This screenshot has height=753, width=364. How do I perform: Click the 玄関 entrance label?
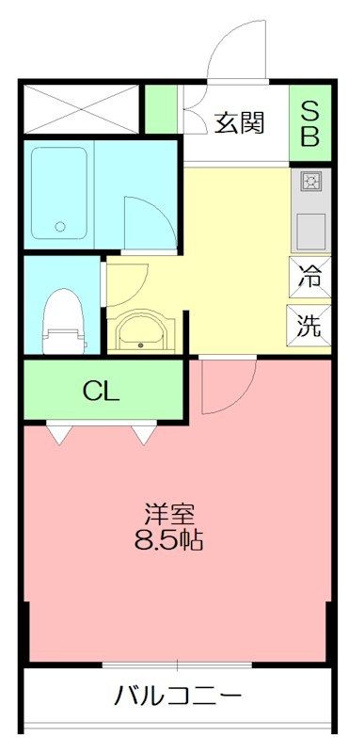pyautogui.click(x=239, y=123)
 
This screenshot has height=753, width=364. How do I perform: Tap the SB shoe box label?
pyautogui.click(x=309, y=122)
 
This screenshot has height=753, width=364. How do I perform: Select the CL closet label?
pyautogui.click(x=101, y=392)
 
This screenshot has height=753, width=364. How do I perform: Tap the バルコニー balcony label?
pyautogui.click(x=177, y=695)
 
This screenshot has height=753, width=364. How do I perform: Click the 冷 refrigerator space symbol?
pyautogui.click(x=309, y=277)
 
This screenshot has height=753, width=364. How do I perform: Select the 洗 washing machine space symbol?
pyautogui.click(x=309, y=325)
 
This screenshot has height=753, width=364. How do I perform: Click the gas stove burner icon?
pyautogui.click(x=310, y=182)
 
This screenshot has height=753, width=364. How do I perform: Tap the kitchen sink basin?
pyautogui.click(x=310, y=232)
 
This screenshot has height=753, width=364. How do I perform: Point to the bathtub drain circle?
pyautogui.click(x=60, y=226)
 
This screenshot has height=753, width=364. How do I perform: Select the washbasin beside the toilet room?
pyautogui.click(x=141, y=331)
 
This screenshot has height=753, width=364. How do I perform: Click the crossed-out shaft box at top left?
pyautogui.click(x=81, y=109)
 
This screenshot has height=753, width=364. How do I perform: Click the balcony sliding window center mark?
pyautogui.click(x=177, y=666)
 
